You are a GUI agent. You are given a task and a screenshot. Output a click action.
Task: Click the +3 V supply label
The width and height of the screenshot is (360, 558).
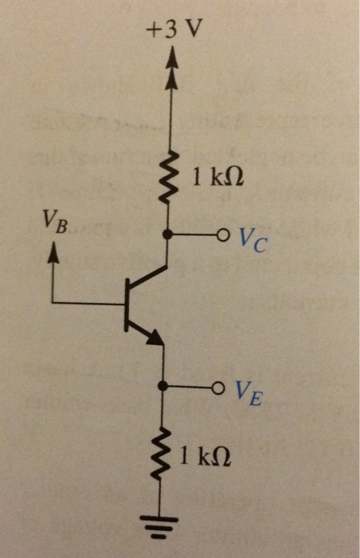(x=174, y=30)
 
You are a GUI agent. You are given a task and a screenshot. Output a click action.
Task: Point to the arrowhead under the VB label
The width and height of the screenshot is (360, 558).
(x=53, y=250)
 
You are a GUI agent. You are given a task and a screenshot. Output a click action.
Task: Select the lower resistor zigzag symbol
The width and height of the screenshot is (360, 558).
(x=166, y=457)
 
